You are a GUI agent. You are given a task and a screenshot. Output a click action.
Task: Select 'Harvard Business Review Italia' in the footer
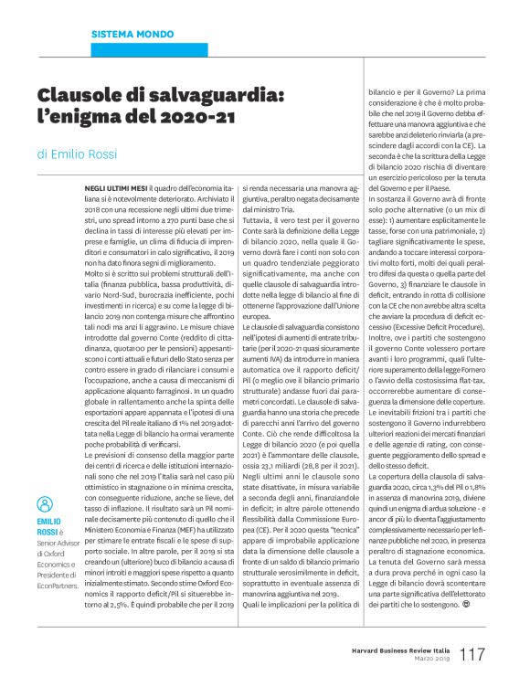click(398, 647)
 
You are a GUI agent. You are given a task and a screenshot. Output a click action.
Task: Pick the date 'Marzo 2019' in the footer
click(432, 658)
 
